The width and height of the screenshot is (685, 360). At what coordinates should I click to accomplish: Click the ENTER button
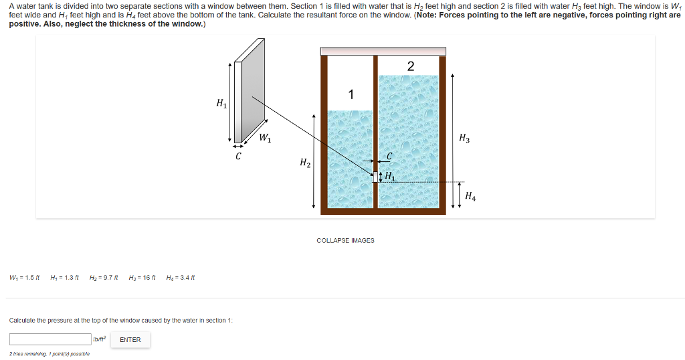[x=130, y=340]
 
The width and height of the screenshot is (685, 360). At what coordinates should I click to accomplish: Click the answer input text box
[x=50, y=339]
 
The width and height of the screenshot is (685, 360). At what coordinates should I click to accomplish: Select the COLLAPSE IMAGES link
[x=345, y=240]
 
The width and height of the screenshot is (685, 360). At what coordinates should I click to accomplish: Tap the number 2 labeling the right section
[x=410, y=66]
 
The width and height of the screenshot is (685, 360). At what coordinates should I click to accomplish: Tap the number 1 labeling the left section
[x=351, y=94]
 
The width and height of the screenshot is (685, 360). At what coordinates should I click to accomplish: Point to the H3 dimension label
[x=464, y=139]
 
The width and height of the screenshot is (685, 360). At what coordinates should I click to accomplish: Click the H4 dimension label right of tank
[x=471, y=196]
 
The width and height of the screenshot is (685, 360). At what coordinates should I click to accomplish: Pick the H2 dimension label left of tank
[x=305, y=163]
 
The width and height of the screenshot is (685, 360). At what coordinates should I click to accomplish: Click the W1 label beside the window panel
[x=265, y=139]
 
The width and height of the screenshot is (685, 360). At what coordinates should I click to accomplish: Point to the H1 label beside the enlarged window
[x=221, y=103]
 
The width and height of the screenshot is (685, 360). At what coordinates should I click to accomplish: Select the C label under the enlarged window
[x=238, y=157]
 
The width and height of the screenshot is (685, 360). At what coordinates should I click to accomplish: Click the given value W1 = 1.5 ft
[x=25, y=278]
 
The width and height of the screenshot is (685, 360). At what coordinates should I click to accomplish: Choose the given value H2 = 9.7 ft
[x=104, y=278]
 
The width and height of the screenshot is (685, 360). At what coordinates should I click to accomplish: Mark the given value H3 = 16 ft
[x=142, y=278]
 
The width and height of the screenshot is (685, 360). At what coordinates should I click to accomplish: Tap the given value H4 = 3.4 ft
[x=180, y=278]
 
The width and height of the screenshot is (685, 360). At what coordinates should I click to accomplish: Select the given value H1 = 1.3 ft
[x=65, y=278]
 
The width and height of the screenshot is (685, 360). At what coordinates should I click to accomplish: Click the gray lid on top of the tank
[x=383, y=51]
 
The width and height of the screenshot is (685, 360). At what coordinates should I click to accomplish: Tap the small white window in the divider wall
[x=375, y=177]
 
